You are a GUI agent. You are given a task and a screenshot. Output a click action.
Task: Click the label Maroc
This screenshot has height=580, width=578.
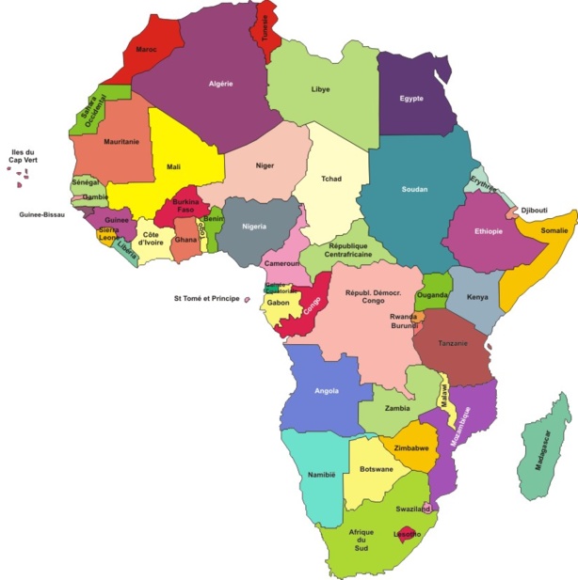tap(146, 49)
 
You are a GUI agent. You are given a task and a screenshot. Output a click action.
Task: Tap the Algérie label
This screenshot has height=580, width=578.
tap(221, 84)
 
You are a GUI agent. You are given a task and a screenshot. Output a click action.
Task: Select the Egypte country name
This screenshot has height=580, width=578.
tap(411, 99)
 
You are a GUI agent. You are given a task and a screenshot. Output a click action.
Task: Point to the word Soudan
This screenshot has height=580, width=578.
tap(414, 190)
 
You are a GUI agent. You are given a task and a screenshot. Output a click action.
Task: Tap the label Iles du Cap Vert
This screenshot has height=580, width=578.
tap(23, 157)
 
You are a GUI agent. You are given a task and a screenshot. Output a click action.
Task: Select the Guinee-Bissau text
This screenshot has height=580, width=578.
tap(42, 214)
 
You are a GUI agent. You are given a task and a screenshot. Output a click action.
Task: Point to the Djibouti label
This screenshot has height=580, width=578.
tap(534, 210)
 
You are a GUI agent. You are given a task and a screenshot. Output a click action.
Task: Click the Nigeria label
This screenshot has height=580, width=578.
tap(254, 227)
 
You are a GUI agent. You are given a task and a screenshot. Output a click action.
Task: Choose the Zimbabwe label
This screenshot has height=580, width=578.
tap(412, 447)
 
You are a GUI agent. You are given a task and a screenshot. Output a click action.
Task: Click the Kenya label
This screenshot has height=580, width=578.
tap(477, 298)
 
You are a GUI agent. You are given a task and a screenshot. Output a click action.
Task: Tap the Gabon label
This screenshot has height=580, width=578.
tap(278, 303)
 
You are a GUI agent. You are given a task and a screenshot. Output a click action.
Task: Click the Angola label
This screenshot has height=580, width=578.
tap(326, 391)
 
